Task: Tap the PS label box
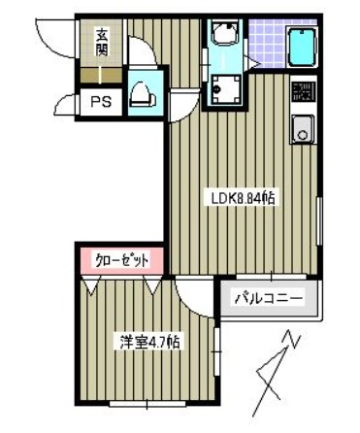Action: coord(100,101)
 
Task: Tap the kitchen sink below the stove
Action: coord(302,127)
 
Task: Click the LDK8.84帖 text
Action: coord(245,197)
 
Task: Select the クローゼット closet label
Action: coord(122,260)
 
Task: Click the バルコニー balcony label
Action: coord(270,299)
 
